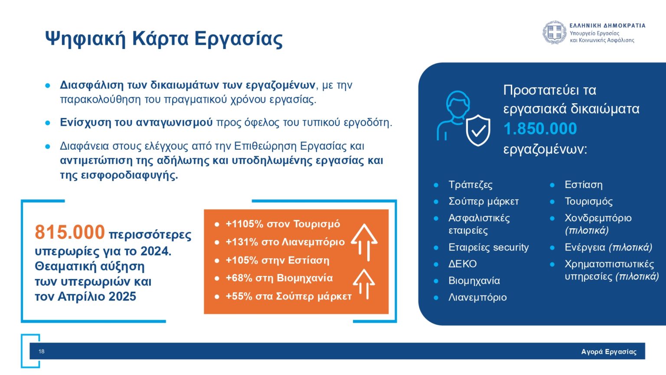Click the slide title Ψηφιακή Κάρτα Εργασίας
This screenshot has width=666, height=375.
pyautogui.click(x=164, y=38)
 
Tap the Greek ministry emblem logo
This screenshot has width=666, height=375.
pyautogui.click(x=555, y=33)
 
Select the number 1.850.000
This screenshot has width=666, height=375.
pyautogui.click(x=540, y=128)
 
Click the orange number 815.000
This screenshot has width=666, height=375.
pyautogui.click(x=70, y=232)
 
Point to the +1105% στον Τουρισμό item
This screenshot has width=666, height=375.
pyautogui.click(x=283, y=224)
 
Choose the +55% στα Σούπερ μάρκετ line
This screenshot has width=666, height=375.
pyautogui.click(x=288, y=296)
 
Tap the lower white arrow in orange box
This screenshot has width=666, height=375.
pyautogui.click(x=364, y=283)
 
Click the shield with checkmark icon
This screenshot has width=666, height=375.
pyautogui.click(x=478, y=130)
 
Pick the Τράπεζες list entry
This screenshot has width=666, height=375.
pyautogui.click(x=470, y=185)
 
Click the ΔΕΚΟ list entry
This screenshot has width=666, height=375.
pyautogui.click(x=462, y=264)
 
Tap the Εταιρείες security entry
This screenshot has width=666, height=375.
pyautogui.click(x=488, y=247)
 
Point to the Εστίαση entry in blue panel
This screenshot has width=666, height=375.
pyautogui.click(x=583, y=185)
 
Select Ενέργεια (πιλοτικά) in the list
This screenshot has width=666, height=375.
pyautogui.click(x=608, y=247)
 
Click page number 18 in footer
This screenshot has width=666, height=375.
pyautogui.click(x=41, y=351)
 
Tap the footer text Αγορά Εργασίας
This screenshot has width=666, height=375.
pyautogui.click(x=608, y=352)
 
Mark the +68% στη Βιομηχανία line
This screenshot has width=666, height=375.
pyautogui.click(x=279, y=278)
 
